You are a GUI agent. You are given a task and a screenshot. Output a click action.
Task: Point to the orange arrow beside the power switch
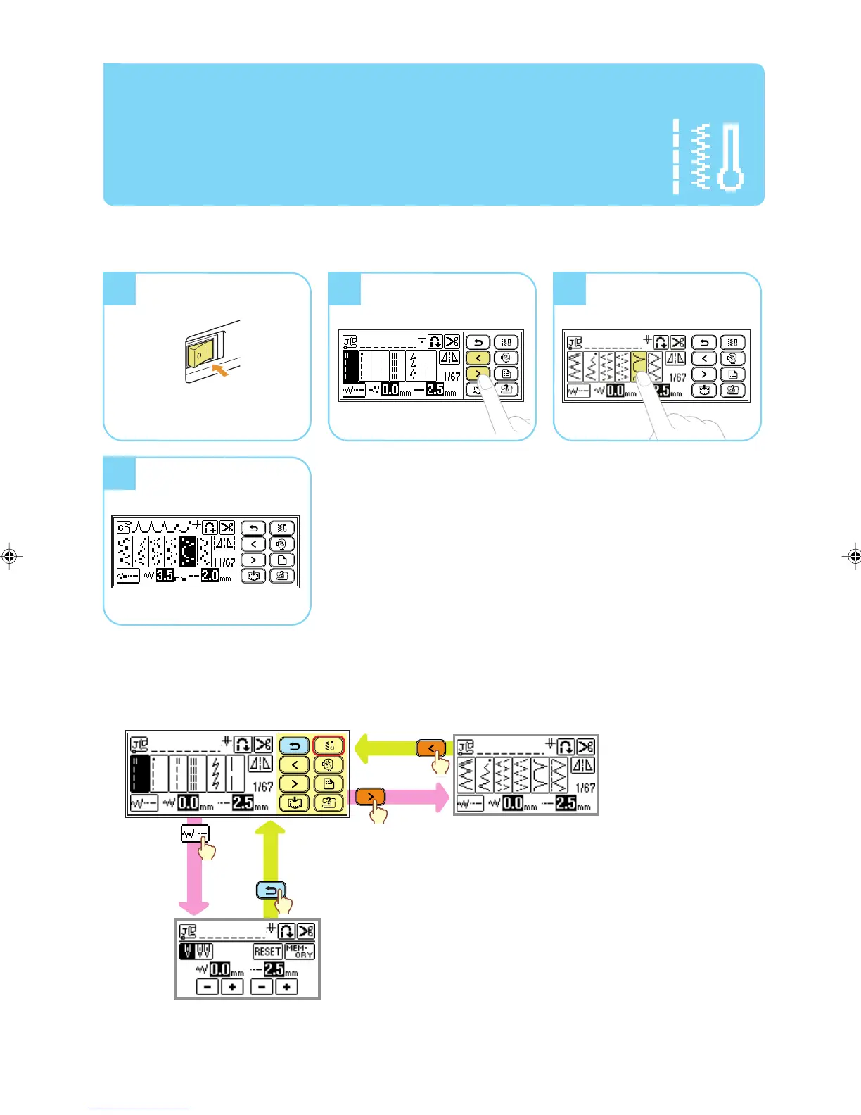tap(221, 370)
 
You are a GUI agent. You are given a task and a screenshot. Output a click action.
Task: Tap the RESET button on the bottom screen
tap(267, 952)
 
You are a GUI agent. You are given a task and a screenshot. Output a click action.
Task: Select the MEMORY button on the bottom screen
tap(300, 952)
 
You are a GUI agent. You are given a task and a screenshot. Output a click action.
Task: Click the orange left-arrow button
tap(431, 748)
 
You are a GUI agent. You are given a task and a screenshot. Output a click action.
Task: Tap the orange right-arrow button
tap(370, 797)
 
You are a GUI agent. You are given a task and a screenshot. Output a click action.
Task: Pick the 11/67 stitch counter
tap(224, 562)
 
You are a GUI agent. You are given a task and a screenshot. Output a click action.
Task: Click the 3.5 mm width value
tap(165, 575)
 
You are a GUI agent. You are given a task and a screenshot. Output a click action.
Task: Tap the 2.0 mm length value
tap(210, 575)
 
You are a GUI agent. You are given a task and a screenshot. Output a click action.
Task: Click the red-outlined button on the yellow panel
tap(329, 745)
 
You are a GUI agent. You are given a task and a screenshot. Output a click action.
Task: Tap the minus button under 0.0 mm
tap(207, 987)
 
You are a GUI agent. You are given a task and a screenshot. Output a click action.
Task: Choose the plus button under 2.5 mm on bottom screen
tap(286, 987)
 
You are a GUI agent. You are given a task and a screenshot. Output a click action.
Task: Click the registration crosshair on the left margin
tap(9, 556)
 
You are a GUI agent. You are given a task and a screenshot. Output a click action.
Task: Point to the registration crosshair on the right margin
tap(853, 556)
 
